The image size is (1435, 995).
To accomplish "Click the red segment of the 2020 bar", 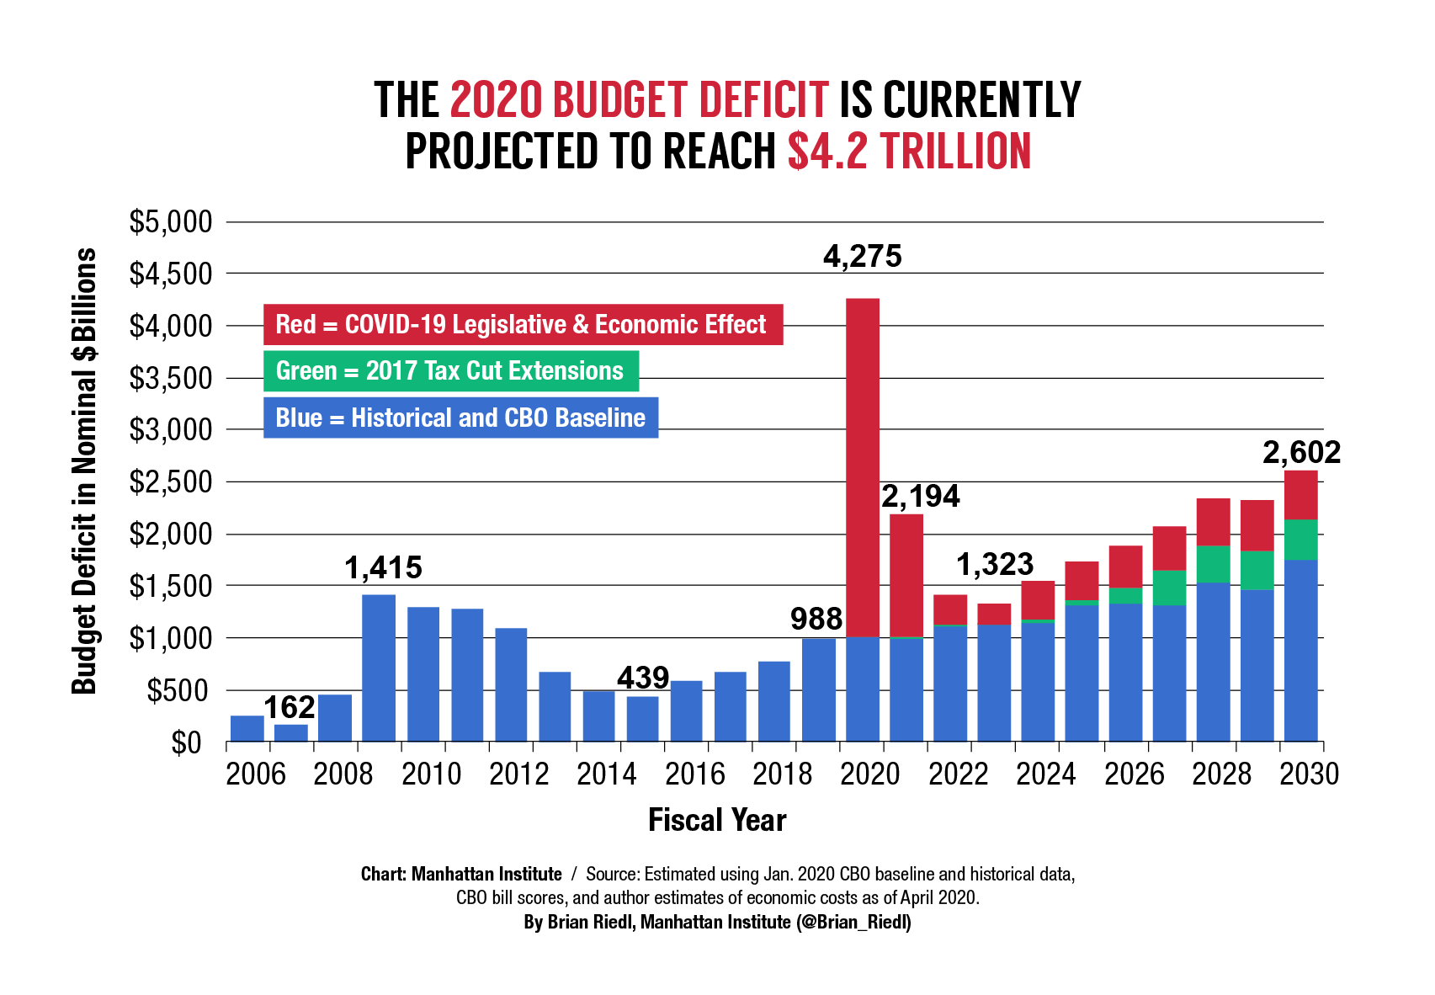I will click(863, 467).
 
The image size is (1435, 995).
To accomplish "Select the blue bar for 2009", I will click(379, 668).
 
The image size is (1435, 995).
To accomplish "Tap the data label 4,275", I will click(862, 256).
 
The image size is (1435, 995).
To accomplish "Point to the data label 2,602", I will click(1301, 453).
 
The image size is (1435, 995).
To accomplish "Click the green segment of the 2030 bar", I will click(1300, 540).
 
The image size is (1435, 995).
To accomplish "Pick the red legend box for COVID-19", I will click(523, 325).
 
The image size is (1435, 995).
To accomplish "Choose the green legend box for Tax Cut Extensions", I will click(450, 371).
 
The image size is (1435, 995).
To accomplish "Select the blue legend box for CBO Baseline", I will click(460, 418).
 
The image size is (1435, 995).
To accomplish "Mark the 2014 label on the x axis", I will click(606, 774).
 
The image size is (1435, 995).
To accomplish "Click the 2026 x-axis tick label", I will click(1133, 774).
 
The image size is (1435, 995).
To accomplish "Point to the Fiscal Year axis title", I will click(717, 820).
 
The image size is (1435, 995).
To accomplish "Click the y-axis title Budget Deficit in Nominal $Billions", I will click(84, 471).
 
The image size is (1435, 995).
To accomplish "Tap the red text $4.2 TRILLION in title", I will click(909, 152).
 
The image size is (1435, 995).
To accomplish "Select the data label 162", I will click(290, 707).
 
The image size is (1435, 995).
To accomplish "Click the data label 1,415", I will click(383, 568).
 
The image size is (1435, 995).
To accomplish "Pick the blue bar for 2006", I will click(247, 728).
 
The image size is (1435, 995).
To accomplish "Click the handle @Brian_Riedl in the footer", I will click(853, 922).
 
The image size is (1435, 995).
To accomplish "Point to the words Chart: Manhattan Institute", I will click(461, 874).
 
